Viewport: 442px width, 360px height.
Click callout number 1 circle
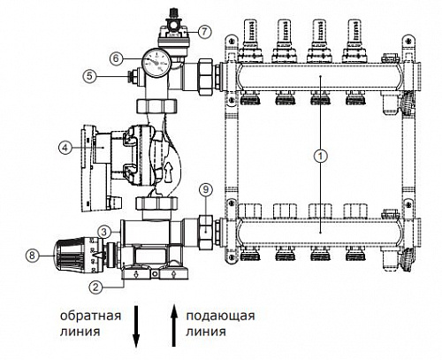pos(321,156)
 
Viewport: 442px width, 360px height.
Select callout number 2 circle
pos(95,287)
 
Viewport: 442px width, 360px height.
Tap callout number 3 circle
pos(104,232)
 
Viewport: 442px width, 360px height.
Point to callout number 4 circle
pos(65,147)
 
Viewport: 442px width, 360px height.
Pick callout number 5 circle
pos(89,76)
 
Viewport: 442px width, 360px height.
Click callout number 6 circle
pos(116,58)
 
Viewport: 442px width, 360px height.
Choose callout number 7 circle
pos(205,32)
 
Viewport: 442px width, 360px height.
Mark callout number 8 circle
pos(32,255)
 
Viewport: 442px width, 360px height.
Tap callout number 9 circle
pos(206,189)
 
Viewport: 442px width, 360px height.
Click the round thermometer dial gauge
pos(156,63)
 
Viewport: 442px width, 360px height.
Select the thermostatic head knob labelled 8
pos(78,255)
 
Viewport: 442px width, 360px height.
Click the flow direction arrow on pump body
pos(169,171)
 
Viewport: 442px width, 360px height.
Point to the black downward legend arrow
pos(136,326)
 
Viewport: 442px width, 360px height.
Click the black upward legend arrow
pos(174,326)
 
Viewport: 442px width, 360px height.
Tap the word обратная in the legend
pos(90,316)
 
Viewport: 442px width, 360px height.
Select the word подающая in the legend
pos(220,316)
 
